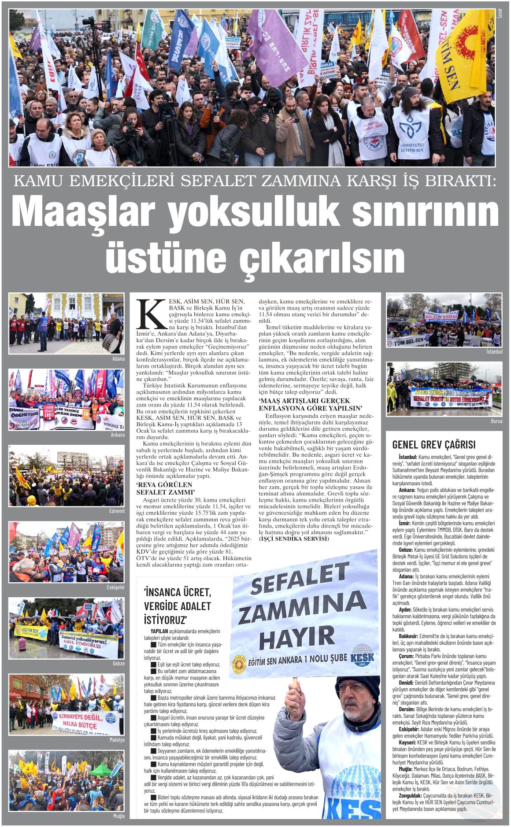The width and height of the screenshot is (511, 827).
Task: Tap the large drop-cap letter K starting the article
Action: tap(151, 314)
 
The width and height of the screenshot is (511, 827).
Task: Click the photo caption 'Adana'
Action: tap(118, 359)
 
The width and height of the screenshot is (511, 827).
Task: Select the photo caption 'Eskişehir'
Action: tap(115, 587)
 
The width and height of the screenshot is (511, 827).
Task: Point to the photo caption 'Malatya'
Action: tap(117, 740)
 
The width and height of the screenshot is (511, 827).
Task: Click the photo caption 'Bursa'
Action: tap(496, 421)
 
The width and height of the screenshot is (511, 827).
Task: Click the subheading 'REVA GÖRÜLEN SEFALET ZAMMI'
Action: tap(165, 488)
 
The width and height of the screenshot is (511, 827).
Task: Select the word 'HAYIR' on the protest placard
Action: tap(297, 636)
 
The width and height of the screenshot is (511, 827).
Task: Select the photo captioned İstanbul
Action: tap(444, 320)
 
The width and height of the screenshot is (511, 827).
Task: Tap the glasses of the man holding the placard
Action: tap(351, 687)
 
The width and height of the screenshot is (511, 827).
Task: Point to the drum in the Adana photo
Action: tap(111, 343)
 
